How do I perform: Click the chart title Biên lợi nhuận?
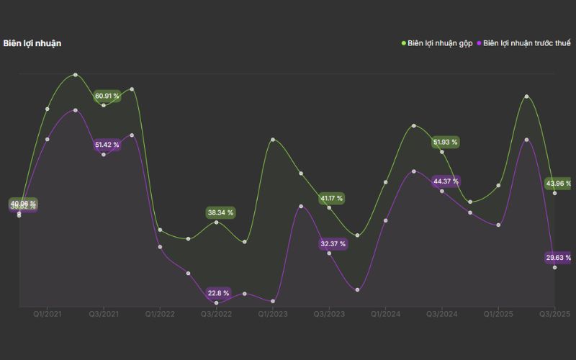[32, 43]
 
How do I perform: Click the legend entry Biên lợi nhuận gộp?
[436, 43]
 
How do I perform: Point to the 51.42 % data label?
[107, 145]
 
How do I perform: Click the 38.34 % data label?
[220, 213]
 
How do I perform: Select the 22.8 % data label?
[218, 293]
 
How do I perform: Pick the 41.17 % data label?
[332, 198]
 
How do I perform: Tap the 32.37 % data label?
[333, 244]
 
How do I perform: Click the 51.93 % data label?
[445, 143]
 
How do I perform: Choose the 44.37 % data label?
[446, 181]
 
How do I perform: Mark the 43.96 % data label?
[559, 184]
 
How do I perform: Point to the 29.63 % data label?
[559, 258]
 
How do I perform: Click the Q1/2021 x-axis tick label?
[48, 315]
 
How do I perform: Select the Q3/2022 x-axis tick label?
[217, 315]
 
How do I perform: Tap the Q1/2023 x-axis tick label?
[273, 315]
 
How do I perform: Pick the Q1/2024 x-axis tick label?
[386, 315]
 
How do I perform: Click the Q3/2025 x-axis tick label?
[554, 315]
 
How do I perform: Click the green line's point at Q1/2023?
[273, 140]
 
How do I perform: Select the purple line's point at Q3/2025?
[554, 267]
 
